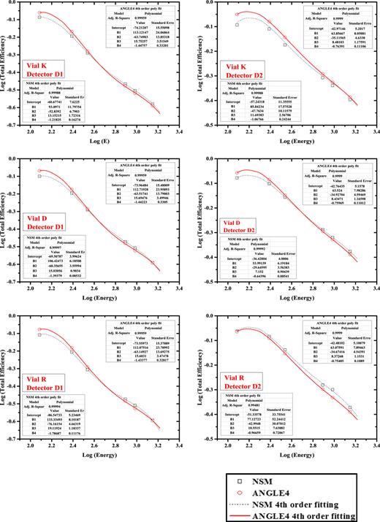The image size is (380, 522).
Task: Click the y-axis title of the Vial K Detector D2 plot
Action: tap(199, 66)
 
